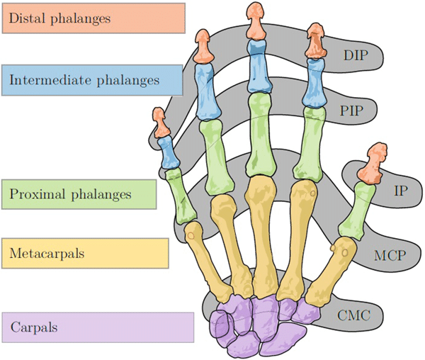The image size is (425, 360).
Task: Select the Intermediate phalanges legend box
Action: pos(93,79)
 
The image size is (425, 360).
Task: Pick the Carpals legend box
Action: pos(98,328)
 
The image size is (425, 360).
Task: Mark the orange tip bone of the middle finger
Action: pos(254,21)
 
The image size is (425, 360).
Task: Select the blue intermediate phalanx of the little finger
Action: pos(169,152)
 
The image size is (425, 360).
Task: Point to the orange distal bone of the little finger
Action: pos(161,124)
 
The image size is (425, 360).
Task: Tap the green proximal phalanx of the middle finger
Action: pos(258,135)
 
